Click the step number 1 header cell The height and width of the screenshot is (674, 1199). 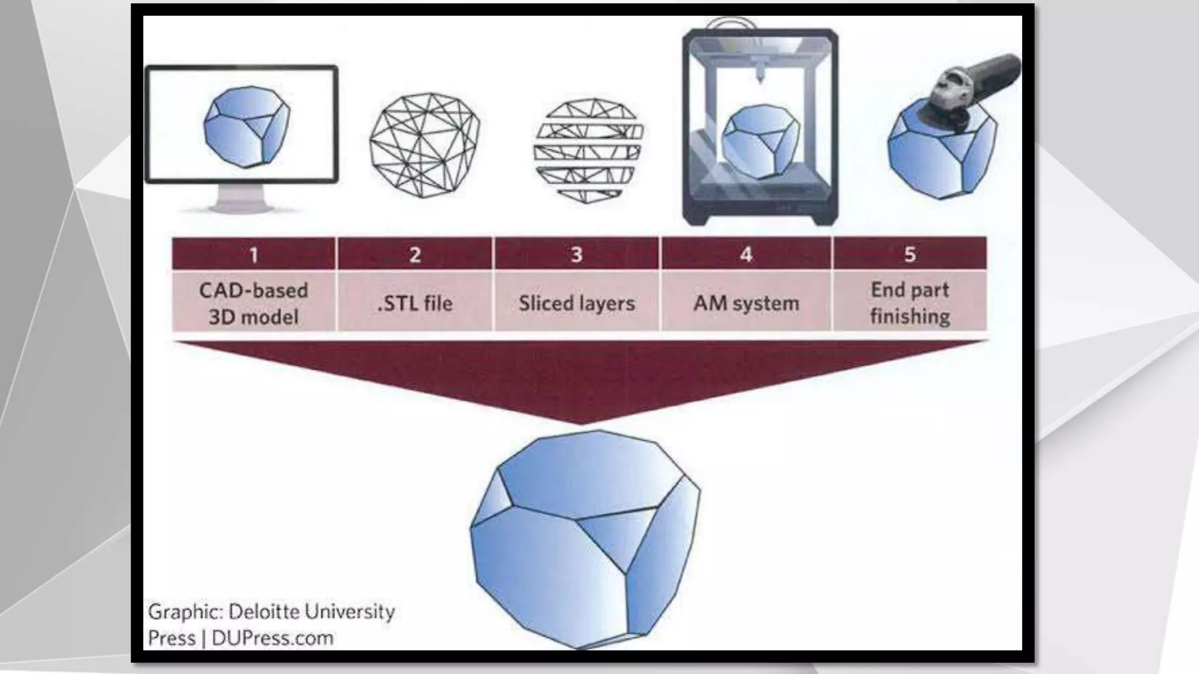tap(253, 255)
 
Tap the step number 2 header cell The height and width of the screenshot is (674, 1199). tap(414, 255)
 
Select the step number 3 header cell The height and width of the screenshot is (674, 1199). tap(577, 255)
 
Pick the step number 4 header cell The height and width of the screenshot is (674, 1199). tap(746, 255)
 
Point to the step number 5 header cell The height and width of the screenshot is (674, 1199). tap(910, 255)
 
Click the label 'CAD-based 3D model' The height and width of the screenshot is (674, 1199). tap(253, 303)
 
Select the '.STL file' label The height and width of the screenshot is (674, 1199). tap(414, 303)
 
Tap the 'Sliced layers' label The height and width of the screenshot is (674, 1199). tap(577, 303)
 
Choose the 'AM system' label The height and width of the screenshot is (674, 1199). tap(746, 303)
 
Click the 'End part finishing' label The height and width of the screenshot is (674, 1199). tap(910, 303)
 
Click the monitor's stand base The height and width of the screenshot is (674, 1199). tap(242, 207)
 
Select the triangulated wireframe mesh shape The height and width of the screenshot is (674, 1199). tap(424, 145)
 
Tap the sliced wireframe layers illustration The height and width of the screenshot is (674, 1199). tap(588, 149)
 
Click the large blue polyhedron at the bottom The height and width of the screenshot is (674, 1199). tap(585, 538)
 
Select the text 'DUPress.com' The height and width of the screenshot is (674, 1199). tap(272, 638)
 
